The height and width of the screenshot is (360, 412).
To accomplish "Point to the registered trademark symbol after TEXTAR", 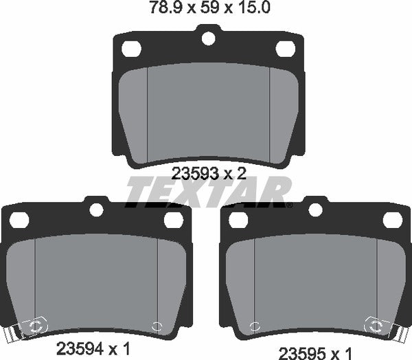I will pyautogui.click(x=289, y=204).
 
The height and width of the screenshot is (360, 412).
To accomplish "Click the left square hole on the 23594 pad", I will pyautogui.click(x=20, y=220).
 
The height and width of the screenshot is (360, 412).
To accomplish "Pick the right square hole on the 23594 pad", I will pyautogui.click(x=172, y=220).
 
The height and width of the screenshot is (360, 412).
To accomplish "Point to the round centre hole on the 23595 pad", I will pyautogui.click(x=317, y=210).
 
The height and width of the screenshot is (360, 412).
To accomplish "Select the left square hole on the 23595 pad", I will pyautogui.click(x=240, y=220).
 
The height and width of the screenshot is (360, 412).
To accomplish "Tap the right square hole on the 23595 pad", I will pyautogui.click(x=392, y=220).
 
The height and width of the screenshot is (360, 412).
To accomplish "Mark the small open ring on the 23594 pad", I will pyautogui.click(x=156, y=328).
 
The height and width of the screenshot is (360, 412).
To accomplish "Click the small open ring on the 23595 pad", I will pyautogui.click(x=255, y=328).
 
